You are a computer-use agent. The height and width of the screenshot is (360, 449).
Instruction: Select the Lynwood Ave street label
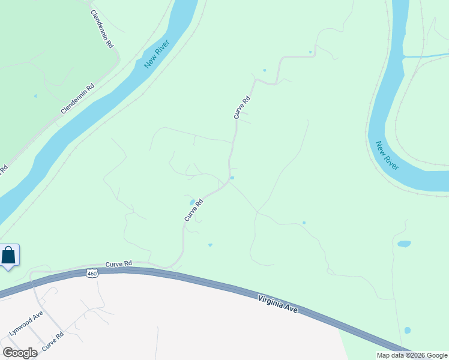click(26, 323)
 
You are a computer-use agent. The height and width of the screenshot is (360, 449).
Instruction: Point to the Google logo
click(20, 352)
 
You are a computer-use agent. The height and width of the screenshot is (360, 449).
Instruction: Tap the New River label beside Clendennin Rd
click(157, 54)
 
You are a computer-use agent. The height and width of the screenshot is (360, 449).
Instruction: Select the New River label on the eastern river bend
click(387, 155)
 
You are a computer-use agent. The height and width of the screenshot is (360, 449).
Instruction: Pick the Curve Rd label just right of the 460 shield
click(118, 264)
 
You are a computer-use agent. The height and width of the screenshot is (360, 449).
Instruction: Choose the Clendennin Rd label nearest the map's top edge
click(101, 28)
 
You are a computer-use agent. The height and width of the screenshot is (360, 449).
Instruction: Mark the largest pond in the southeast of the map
click(404, 244)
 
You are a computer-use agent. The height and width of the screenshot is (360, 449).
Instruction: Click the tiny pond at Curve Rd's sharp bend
click(232, 178)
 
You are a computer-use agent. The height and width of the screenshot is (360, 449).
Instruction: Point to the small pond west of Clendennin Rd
click(35, 96)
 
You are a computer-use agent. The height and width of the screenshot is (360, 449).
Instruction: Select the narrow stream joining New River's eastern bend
click(427, 56)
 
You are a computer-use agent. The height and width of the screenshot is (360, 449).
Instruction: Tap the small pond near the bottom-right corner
click(408, 331)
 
